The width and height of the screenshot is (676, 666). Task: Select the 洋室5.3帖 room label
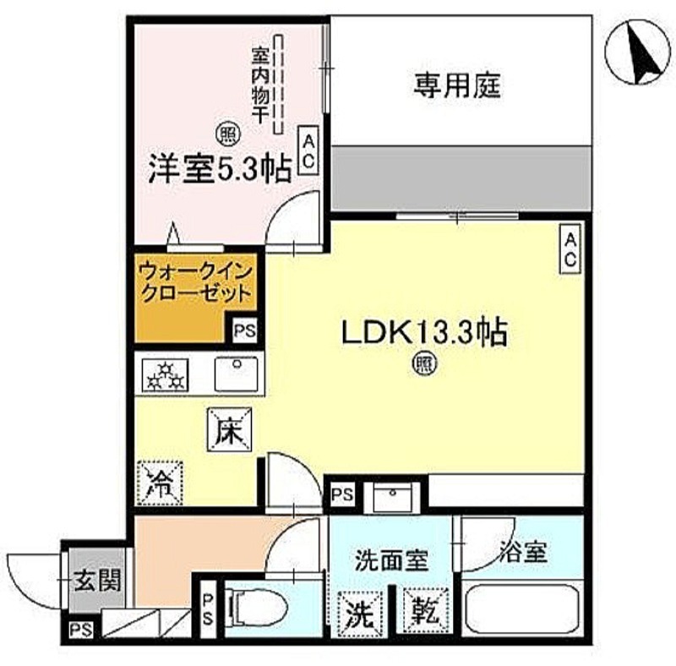[221, 166]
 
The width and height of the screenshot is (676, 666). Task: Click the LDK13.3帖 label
[424, 332]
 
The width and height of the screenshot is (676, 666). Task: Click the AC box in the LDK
[570, 250]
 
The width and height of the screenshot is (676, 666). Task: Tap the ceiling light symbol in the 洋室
[226, 133]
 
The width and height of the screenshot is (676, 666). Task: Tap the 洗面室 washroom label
[390, 559]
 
